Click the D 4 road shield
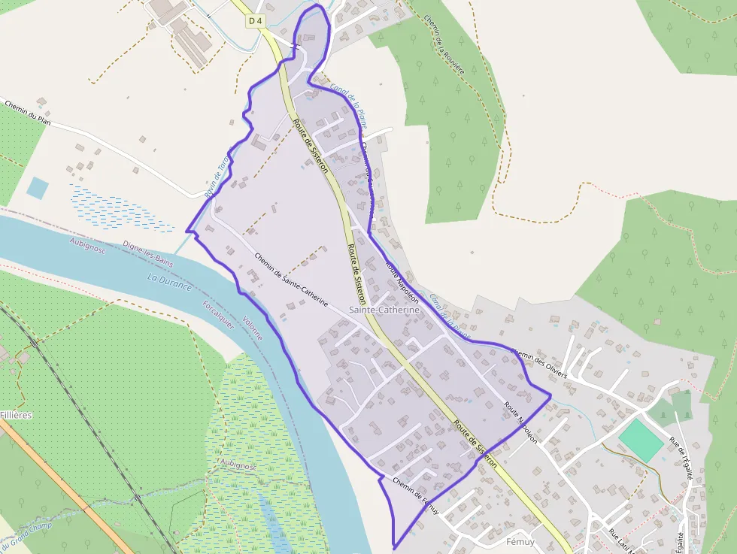click(x=256, y=22)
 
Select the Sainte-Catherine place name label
click(x=384, y=310)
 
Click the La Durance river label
click(x=170, y=283)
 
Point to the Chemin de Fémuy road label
click(x=416, y=493)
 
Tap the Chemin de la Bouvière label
click(x=444, y=44)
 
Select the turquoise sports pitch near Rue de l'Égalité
click(x=641, y=440)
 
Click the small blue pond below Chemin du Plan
click(x=37, y=187)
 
